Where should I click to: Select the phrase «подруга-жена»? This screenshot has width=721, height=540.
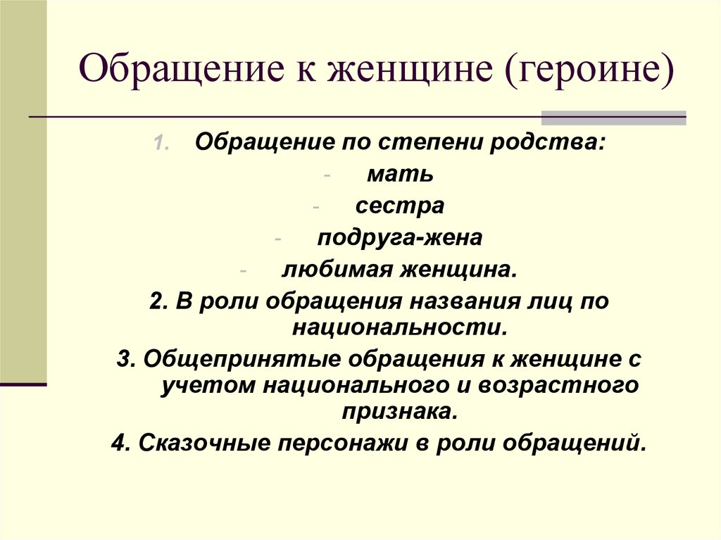tap(400, 237)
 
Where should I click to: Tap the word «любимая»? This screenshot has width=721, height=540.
tap(337, 269)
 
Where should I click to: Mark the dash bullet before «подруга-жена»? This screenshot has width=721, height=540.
tap(280, 239)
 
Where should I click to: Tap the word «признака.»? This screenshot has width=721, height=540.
tap(400, 411)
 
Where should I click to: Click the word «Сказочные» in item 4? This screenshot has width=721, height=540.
tap(200, 443)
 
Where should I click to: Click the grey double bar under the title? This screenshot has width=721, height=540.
tap(613, 118)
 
